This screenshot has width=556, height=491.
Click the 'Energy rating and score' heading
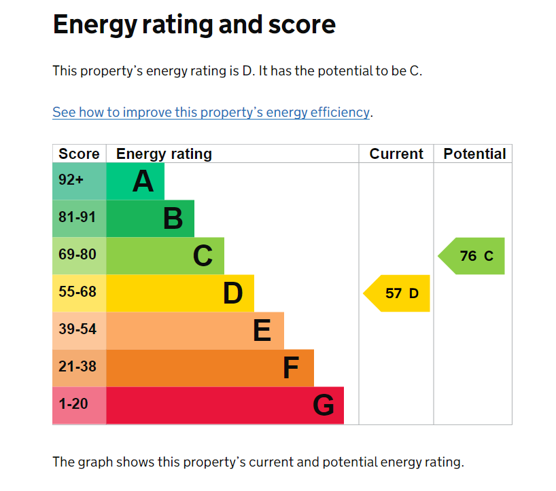194,25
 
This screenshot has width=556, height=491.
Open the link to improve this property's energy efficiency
211,112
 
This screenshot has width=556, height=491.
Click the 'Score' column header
79,154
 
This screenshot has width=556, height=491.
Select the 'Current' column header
396,154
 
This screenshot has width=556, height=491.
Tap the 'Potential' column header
474,154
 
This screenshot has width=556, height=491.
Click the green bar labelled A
135,181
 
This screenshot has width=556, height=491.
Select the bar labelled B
150,219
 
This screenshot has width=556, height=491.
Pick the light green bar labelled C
165,256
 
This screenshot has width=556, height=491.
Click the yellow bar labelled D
180,293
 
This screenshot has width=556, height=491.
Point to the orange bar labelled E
195,331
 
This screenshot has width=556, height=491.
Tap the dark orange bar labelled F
210,368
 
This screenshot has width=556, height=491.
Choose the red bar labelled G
225,405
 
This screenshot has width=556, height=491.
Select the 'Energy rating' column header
164,154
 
